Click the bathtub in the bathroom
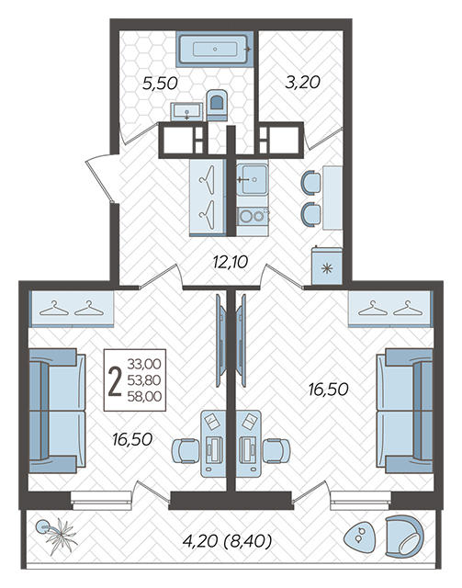[215, 49]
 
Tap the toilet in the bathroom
[217, 105]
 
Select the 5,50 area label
[160, 84]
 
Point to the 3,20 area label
[302, 82]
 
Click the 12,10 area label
[231, 262]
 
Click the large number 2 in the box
[115, 381]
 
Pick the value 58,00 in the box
[144, 396]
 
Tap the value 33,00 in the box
[144, 364]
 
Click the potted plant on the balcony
[57, 536]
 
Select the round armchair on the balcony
[404, 536]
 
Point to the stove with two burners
[253, 217]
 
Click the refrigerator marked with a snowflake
[327, 266]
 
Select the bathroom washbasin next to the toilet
[186, 112]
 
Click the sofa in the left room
[57, 411]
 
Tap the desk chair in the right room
[276, 451]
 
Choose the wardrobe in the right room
[390, 309]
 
